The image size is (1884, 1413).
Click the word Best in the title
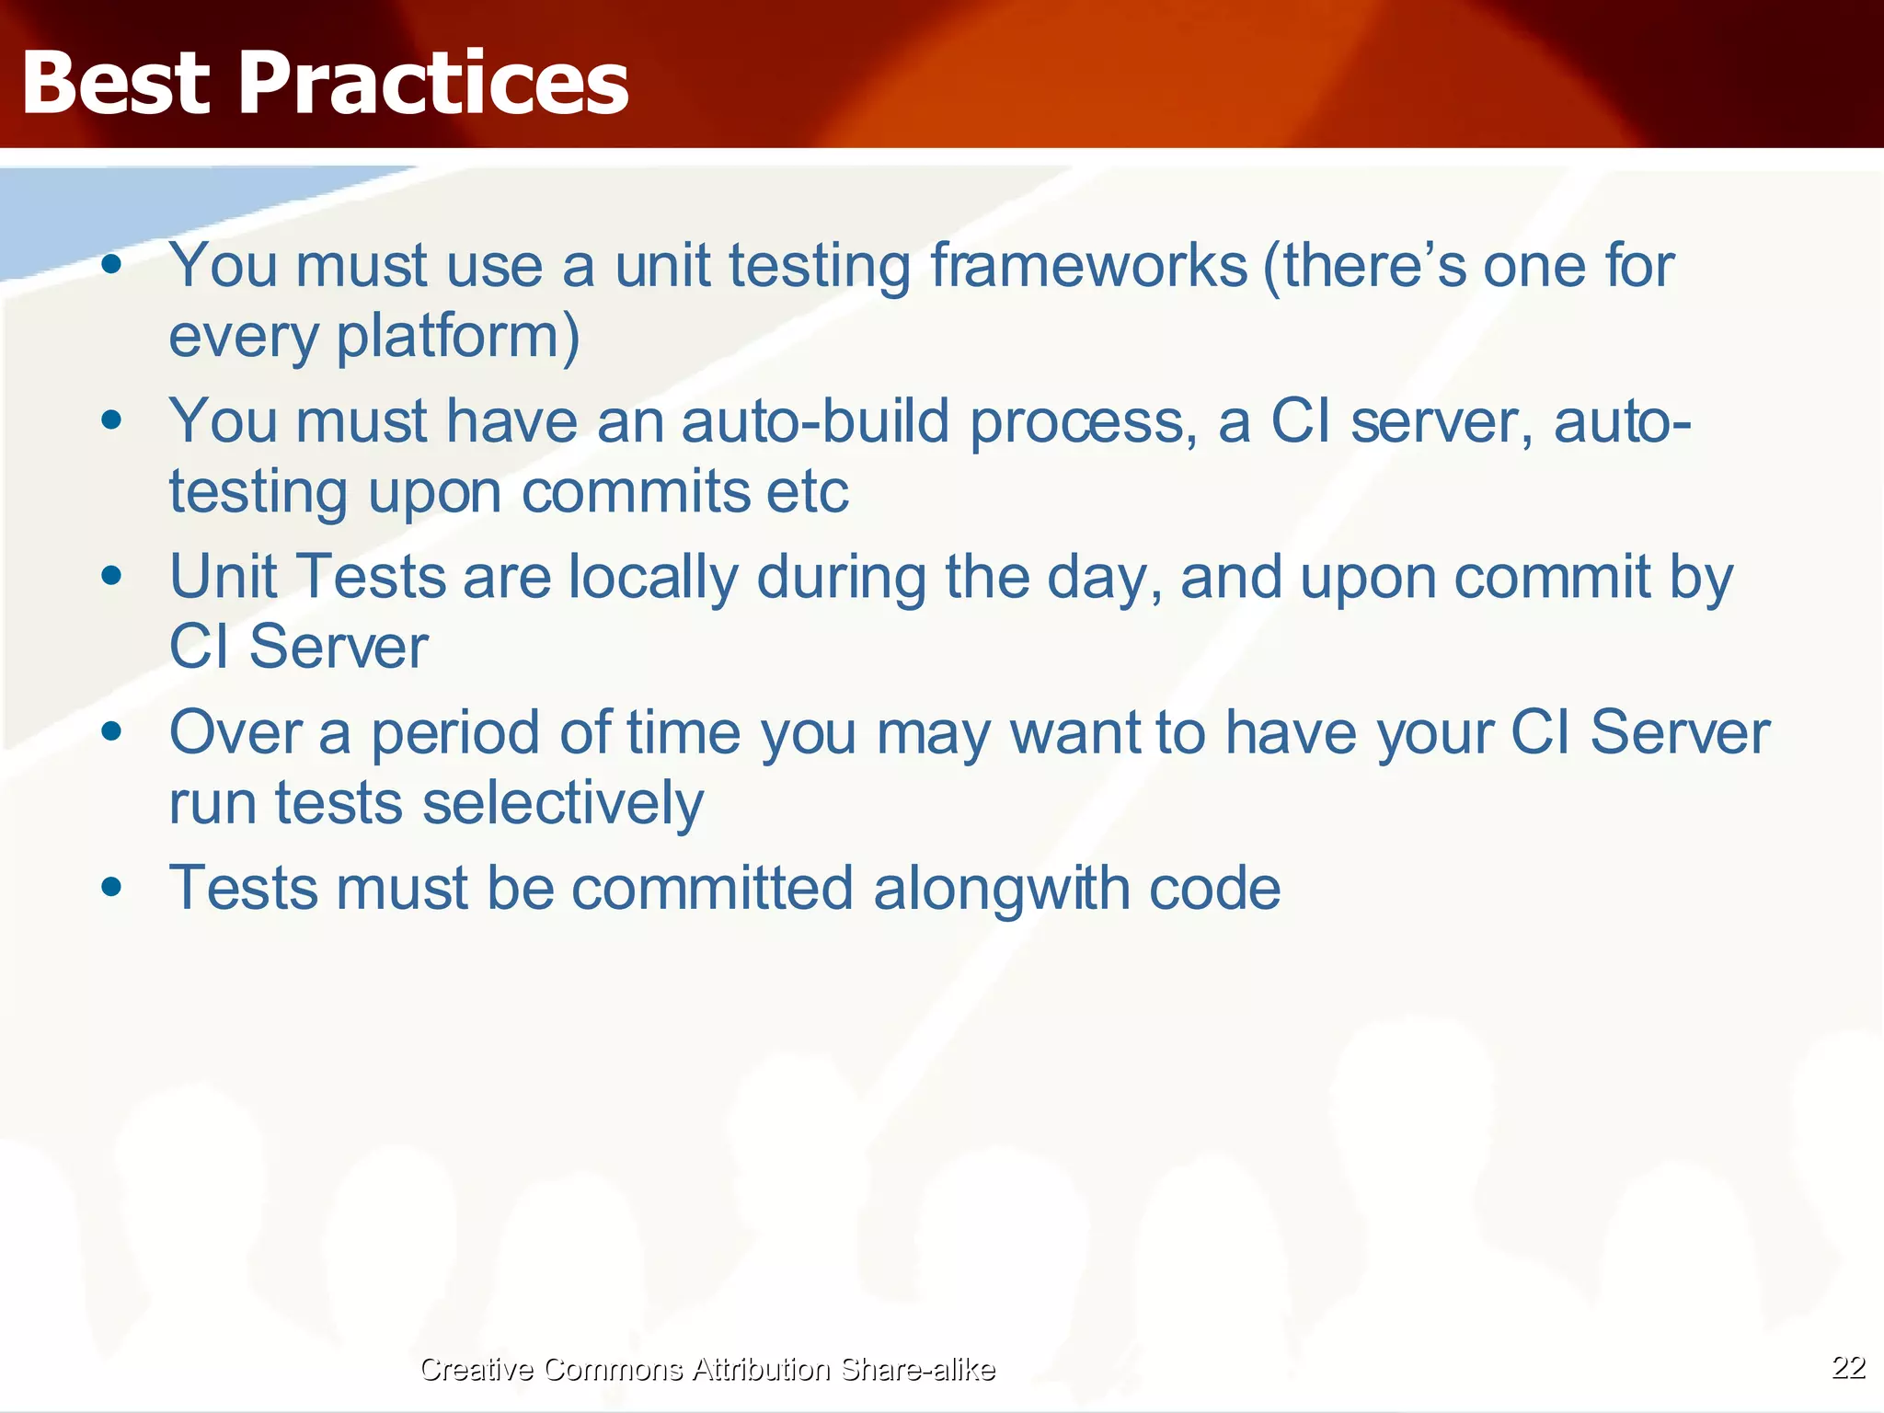click(116, 84)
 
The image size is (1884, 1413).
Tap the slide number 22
click(1848, 1367)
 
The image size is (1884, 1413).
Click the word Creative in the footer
click(477, 1369)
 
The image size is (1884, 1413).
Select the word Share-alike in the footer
click(917, 1369)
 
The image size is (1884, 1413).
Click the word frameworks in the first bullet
click(1088, 266)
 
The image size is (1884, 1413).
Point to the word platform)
click(457, 337)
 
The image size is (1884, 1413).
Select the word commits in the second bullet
click(635, 492)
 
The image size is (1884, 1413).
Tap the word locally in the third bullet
click(652, 578)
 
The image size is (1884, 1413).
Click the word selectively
click(563, 803)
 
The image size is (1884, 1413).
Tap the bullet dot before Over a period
click(112, 732)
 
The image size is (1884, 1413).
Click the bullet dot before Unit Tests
click(112, 577)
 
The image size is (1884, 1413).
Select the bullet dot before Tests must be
click(112, 888)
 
